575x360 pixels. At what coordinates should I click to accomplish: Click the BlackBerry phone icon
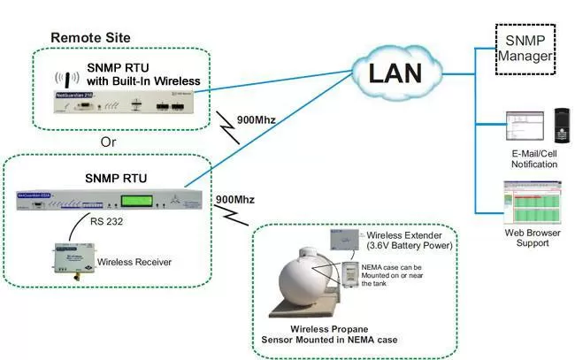click(560, 127)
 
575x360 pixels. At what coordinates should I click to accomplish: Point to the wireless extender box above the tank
click(346, 238)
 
